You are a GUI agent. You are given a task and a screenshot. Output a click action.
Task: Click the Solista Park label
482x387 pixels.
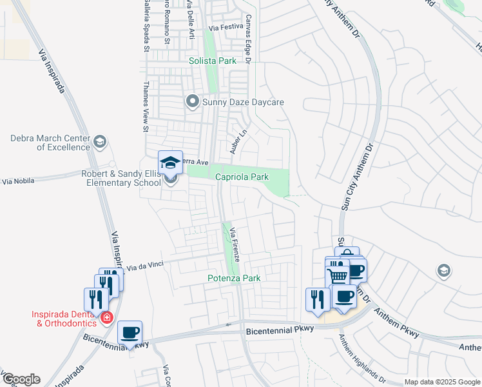point(212,61)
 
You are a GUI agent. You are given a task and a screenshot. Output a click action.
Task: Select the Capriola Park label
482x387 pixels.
point(241,177)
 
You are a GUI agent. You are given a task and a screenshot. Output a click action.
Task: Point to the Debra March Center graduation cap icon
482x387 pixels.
point(99,142)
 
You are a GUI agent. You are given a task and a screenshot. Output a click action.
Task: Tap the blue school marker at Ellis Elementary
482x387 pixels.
point(171,162)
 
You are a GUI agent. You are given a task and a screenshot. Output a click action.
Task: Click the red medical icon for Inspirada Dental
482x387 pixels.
point(106,317)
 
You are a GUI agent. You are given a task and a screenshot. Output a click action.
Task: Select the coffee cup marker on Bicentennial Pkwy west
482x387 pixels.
point(130,332)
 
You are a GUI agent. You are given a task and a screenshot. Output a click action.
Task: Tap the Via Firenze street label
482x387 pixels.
point(235,243)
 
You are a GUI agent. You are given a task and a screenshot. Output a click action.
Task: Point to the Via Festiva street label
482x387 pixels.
point(226,27)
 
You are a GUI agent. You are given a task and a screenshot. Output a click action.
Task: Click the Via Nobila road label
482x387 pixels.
point(17,182)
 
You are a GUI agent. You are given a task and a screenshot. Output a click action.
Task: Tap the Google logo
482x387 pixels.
point(21,379)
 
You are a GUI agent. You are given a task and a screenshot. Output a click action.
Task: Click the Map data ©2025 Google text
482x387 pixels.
point(441,382)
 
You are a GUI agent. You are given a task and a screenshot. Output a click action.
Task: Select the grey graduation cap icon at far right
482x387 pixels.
point(443,270)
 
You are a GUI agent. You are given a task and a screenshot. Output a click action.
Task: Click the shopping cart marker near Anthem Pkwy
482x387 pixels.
point(338,275)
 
